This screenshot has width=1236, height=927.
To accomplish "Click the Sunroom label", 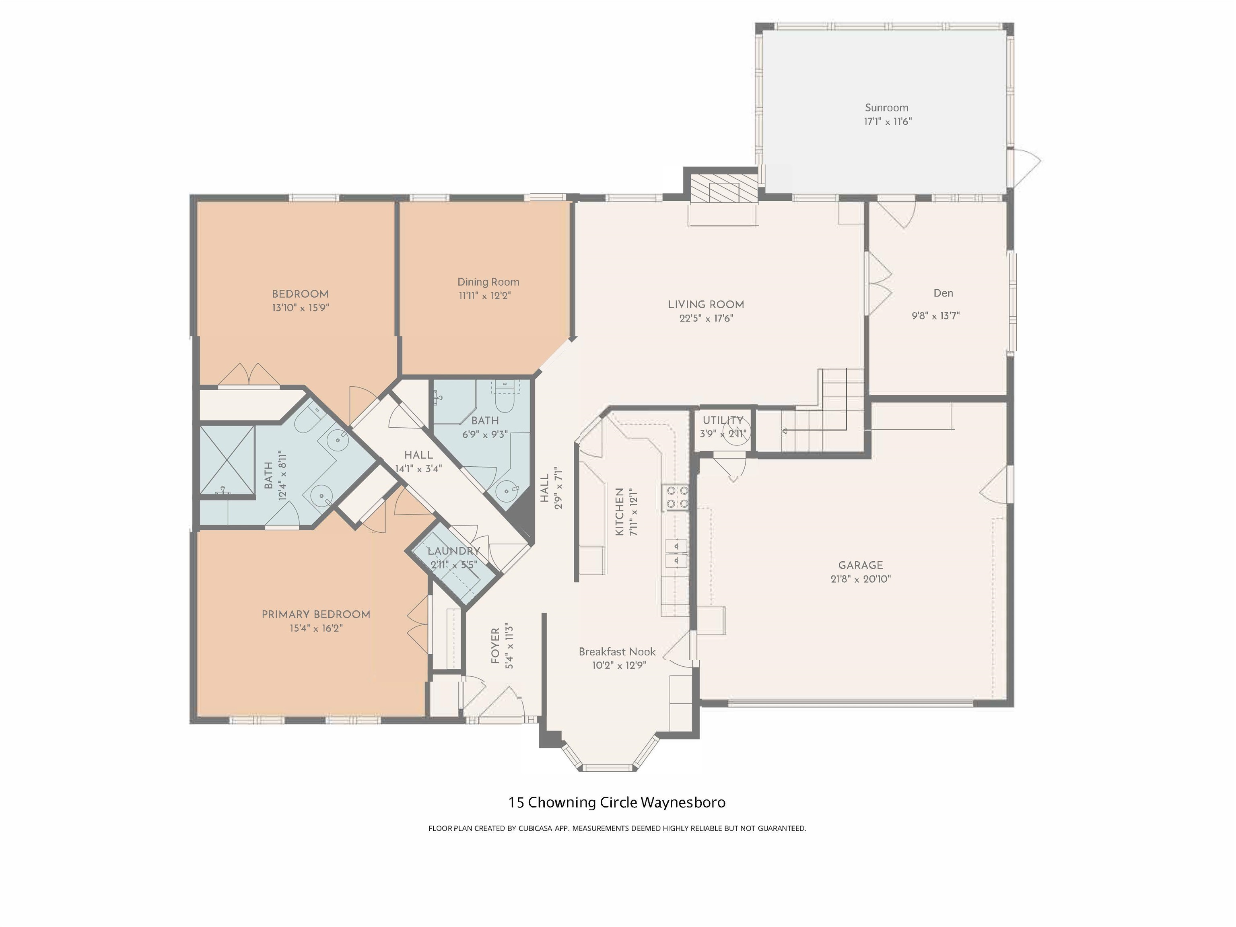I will coord(886,108).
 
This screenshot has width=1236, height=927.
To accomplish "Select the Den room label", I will coord(943,293).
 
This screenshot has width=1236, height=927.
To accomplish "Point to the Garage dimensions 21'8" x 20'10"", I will coord(861,579).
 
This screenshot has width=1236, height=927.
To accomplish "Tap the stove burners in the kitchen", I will coord(676,497).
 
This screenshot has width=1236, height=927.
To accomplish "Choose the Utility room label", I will coord(723,420).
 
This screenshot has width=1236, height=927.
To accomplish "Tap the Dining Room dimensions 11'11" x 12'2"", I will coord(484,296).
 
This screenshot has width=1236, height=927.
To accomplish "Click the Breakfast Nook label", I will coord(617,651).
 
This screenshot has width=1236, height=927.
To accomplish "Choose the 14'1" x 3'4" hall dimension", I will coord(418,469).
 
